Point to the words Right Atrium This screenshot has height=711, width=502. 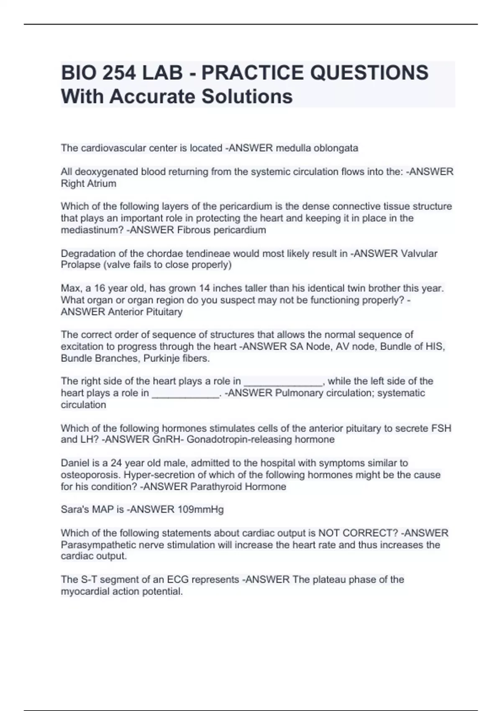[x=88, y=184]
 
